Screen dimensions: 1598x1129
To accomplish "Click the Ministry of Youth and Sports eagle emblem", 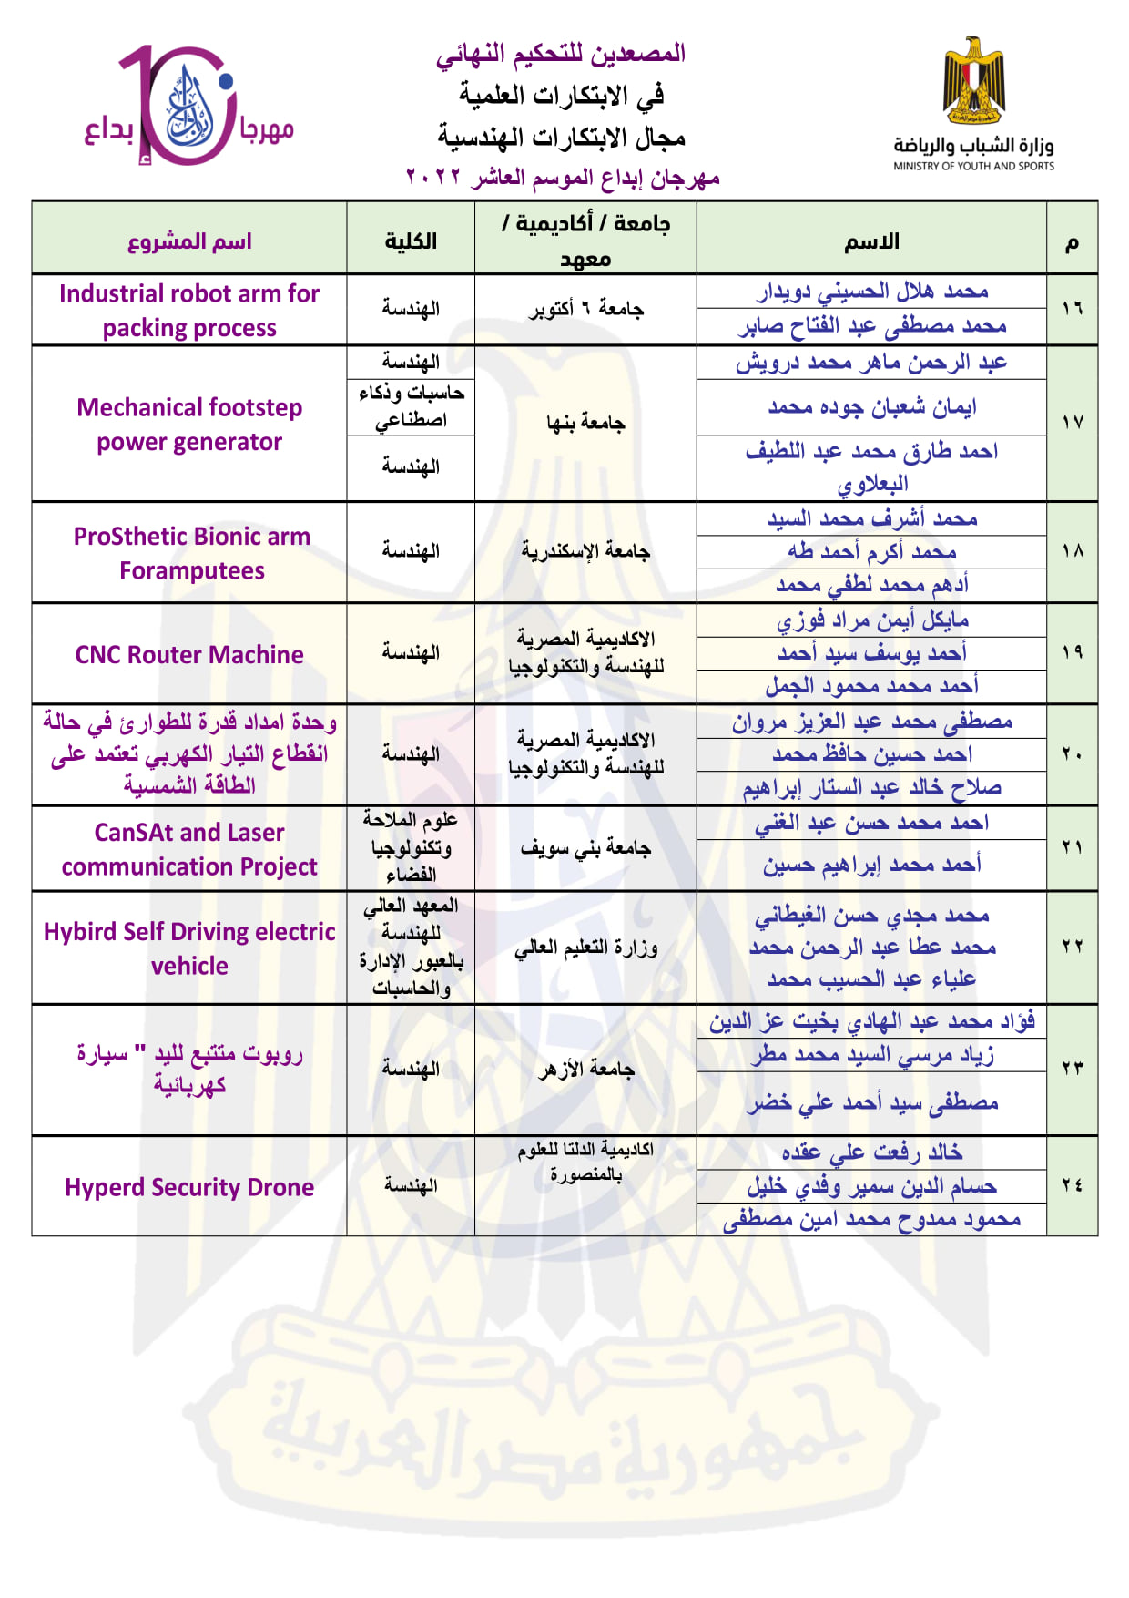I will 973,82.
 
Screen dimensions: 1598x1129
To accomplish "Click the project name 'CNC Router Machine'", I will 189,655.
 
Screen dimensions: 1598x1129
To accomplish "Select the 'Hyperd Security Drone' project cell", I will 189,1187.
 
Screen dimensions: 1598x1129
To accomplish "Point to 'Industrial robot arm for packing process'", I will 189,311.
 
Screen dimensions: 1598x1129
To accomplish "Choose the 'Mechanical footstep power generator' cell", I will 189,425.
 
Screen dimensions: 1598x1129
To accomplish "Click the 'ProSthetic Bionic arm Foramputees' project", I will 191,553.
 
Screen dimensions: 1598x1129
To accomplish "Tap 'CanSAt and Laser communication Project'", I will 189,849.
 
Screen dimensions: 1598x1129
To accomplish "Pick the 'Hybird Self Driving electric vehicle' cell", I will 189,948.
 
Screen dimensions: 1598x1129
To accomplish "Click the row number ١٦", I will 1072,309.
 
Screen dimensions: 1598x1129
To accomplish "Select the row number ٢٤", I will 1072,1185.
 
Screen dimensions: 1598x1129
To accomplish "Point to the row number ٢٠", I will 1072,754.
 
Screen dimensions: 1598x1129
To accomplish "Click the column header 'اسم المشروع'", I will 189,241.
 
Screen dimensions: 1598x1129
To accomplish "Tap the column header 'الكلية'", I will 411,241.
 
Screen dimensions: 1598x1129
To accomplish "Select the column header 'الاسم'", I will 871,241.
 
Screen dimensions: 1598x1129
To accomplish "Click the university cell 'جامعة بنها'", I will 585,423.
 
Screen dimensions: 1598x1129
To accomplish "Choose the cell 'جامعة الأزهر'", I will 585,1069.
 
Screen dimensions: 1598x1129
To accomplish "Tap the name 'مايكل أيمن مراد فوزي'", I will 872,620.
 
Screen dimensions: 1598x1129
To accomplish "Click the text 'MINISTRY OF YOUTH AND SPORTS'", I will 973,167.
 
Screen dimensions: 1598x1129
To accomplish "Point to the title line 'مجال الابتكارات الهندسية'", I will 561,138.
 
